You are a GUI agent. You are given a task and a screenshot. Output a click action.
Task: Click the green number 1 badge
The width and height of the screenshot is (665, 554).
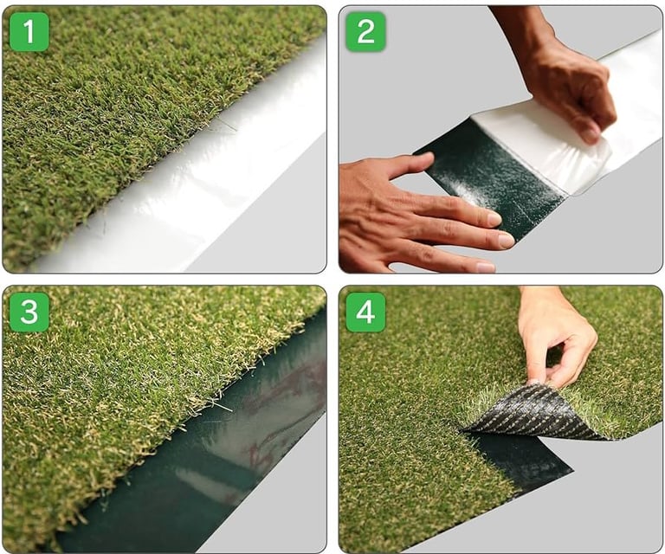[29, 31]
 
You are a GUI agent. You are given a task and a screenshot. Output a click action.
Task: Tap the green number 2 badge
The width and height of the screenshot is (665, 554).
[365, 31]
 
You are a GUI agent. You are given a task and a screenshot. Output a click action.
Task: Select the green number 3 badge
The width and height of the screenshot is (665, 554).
[29, 312]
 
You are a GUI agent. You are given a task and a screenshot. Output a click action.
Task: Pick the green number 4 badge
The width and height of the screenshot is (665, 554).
[365, 312]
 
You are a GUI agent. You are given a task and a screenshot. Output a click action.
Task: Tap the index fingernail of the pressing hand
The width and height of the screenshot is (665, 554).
[494, 219]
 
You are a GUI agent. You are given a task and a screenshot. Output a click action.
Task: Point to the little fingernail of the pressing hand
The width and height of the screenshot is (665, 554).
[486, 267]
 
